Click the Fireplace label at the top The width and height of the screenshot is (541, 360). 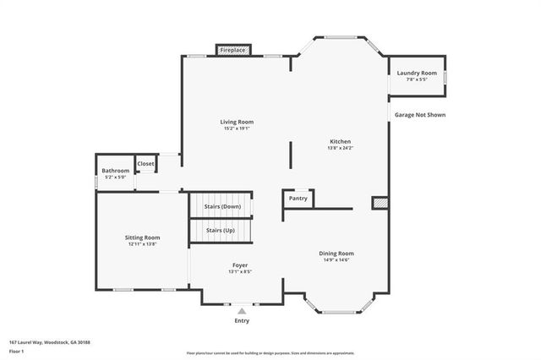click(232, 51)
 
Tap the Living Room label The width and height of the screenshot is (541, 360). click(238, 122)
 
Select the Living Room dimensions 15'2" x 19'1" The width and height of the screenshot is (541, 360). click(238, 128)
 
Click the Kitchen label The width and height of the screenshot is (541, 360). click(340, 141)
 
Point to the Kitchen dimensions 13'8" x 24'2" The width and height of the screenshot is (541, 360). click(340, 148)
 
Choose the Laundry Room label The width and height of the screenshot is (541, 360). click(417, 74)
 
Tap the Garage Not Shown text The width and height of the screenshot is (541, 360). click(418, 115)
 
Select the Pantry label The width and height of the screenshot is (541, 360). click(298, 199)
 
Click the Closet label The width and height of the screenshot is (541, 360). click(146, 163)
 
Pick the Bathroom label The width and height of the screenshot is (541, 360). click(116, 171)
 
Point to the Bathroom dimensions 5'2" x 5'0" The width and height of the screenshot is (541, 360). click(116, 177)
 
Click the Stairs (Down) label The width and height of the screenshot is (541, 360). click(222, 206)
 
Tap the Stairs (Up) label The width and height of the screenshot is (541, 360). click(221, 230)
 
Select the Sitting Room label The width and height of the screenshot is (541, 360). click(142, 237)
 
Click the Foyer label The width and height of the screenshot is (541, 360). click(240, 265)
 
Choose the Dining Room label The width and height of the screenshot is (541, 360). click(336, 254)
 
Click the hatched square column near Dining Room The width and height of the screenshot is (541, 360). click(380, 203)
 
